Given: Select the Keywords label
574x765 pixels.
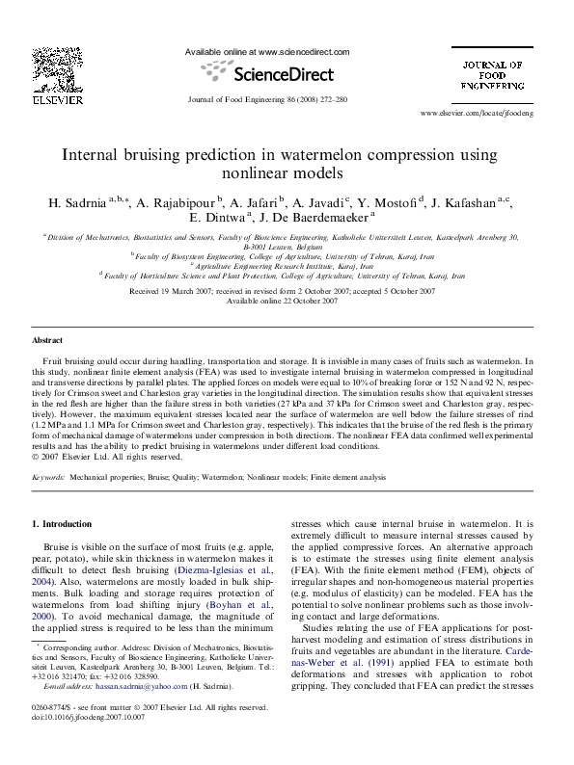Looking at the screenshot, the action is pos(49,477).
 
